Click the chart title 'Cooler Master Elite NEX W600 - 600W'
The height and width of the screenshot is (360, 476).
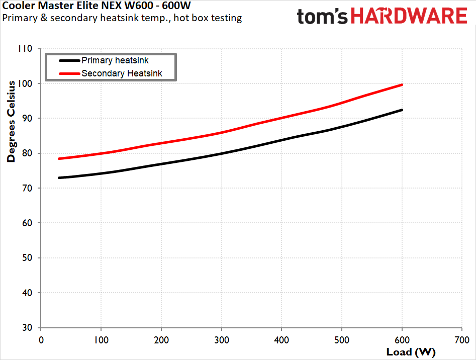click(97, 7)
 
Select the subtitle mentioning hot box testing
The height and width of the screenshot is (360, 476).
click(122, 18)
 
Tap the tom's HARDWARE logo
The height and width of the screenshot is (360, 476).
click(382, 17)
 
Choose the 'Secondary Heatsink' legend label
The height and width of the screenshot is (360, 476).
click(129, 74)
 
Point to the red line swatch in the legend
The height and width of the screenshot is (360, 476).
click(69, 74)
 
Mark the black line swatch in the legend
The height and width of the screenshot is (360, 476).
click(69, 60)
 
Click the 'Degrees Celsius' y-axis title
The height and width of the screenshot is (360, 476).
click(11, 121)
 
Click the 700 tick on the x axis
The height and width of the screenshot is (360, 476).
click(462, 339)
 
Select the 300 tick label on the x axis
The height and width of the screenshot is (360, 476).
click(222, 339)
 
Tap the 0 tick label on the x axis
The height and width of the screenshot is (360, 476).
click(41, 339)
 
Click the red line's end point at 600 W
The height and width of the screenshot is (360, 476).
click(402, 85)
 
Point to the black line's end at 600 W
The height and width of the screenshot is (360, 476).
click(402, 110)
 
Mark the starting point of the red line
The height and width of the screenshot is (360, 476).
click(59, 159)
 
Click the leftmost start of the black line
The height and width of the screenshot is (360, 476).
click(59, 178)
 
